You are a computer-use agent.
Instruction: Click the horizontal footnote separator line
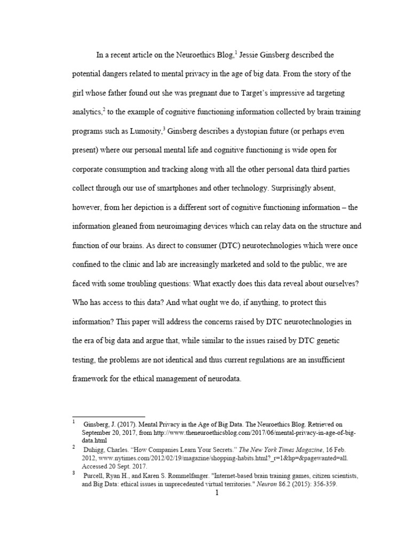tap(108, 417)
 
